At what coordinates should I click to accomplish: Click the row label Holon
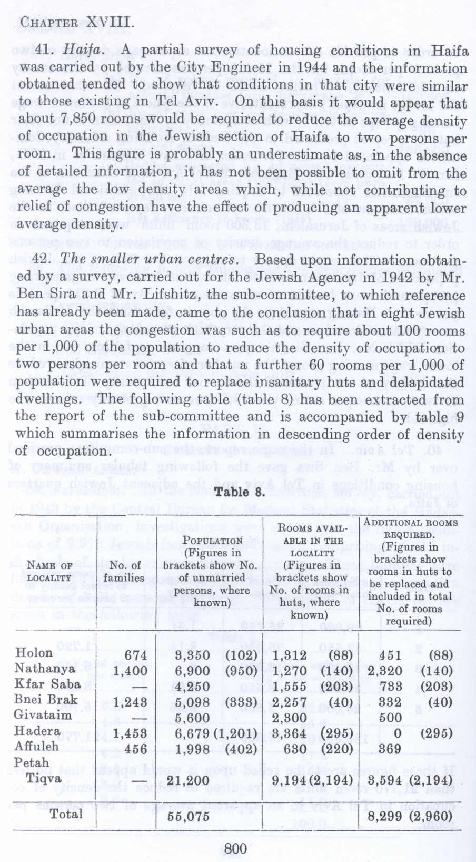(34, 653)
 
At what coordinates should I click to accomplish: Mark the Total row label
(66, 814)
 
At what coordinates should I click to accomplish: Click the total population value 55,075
(188, 816)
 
